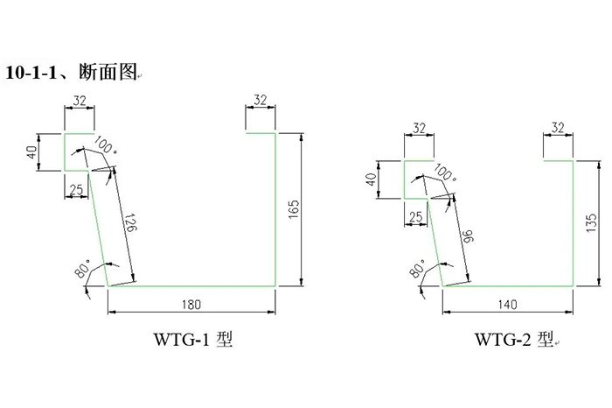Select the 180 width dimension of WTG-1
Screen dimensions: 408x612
point(191,305)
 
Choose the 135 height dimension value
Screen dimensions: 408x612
point(592,222)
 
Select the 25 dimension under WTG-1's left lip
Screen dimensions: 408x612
point(75,189)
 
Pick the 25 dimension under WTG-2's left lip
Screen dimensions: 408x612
point(414,215)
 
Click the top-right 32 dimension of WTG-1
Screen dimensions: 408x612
point(261,102)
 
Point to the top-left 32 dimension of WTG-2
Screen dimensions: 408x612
point(419,129)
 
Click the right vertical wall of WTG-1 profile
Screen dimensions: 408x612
point(277,210)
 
